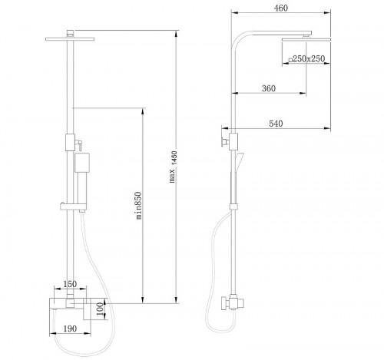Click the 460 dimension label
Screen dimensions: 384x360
tap(281, 8)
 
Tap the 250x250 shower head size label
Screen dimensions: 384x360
tap(306, 59)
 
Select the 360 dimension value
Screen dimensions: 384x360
tap(269, 88)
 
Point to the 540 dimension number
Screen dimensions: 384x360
tap(276, 124)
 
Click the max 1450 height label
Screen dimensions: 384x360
tap(174, 167)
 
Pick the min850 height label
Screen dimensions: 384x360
tap(138, 205)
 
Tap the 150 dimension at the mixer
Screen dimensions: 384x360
tap(70, 284)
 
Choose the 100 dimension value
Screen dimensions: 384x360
tap(101, 309)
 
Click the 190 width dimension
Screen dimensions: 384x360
tap(70, 329)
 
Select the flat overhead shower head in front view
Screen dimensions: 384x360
tap(70, 39)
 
